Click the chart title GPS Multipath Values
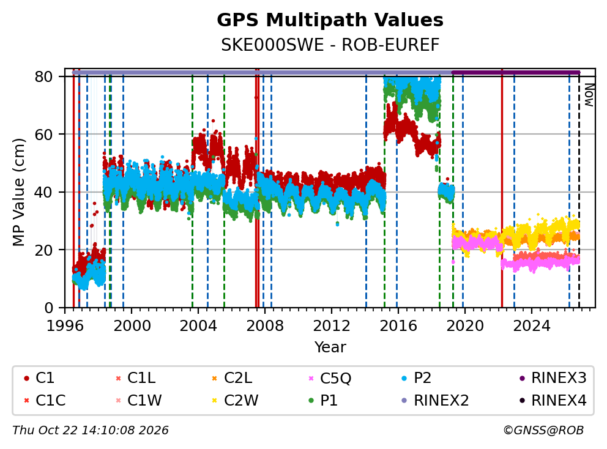coord(330,20)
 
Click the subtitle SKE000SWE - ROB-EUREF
coord(330,45)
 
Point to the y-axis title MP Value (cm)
coord(18,192)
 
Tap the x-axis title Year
coord(330,347)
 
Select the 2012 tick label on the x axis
coord(332,326)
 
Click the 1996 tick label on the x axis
coord(65,326)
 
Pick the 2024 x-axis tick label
coord(532,326)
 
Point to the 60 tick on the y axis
coord(43,135)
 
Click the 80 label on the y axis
coord(43,76)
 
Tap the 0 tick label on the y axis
coord(49,308)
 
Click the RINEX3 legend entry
coord(553,378)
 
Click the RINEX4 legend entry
coord(553,400)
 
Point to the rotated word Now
coord(589,95)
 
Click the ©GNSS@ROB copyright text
coord(543,430)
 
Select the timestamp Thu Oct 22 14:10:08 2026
coord(91,430)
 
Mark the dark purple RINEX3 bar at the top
coord(516,72)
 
